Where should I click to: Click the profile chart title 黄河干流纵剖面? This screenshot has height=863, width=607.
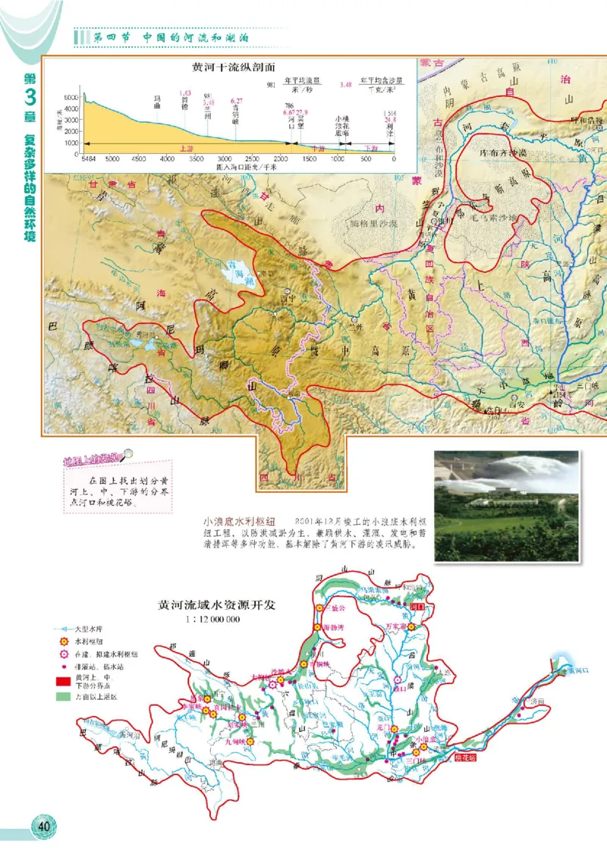225,66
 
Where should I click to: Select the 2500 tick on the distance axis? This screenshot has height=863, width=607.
253,158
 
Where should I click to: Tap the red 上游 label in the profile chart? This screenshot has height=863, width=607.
183,149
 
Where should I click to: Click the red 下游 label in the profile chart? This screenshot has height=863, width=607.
371,149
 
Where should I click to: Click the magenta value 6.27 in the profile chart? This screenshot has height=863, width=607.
237,101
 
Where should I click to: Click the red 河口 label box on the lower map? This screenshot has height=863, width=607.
415,607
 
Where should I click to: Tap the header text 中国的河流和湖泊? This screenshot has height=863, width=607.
197,37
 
